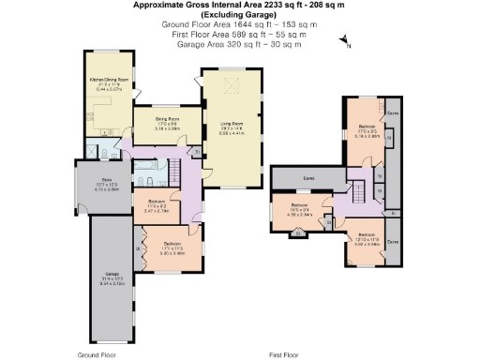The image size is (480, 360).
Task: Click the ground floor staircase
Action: (173, 171)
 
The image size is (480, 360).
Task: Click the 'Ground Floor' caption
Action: (97, 355)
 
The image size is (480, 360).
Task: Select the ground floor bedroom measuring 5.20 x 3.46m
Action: (171, 247)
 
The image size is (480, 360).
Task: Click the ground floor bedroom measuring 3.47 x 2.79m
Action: (152, 207)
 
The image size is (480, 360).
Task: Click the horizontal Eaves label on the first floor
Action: (307, 175)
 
